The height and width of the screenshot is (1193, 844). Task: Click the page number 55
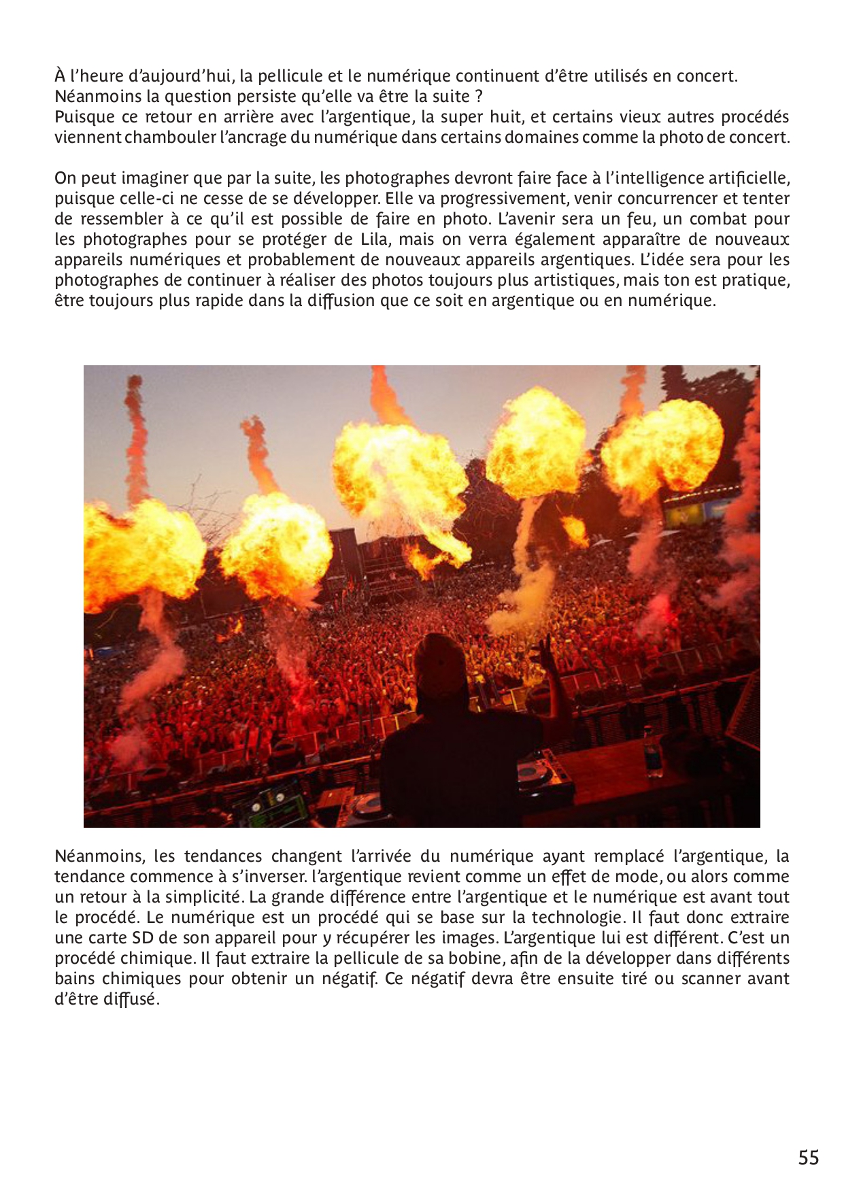pyautogui.click(x=808, y=1158)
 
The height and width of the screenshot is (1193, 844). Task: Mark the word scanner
pyautogui.click(x=711, y=979)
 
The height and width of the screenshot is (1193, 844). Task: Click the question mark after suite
pyautogui.click(x=479, y=97)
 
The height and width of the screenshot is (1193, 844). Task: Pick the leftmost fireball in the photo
pyautogui.click(x=139, y=551)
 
